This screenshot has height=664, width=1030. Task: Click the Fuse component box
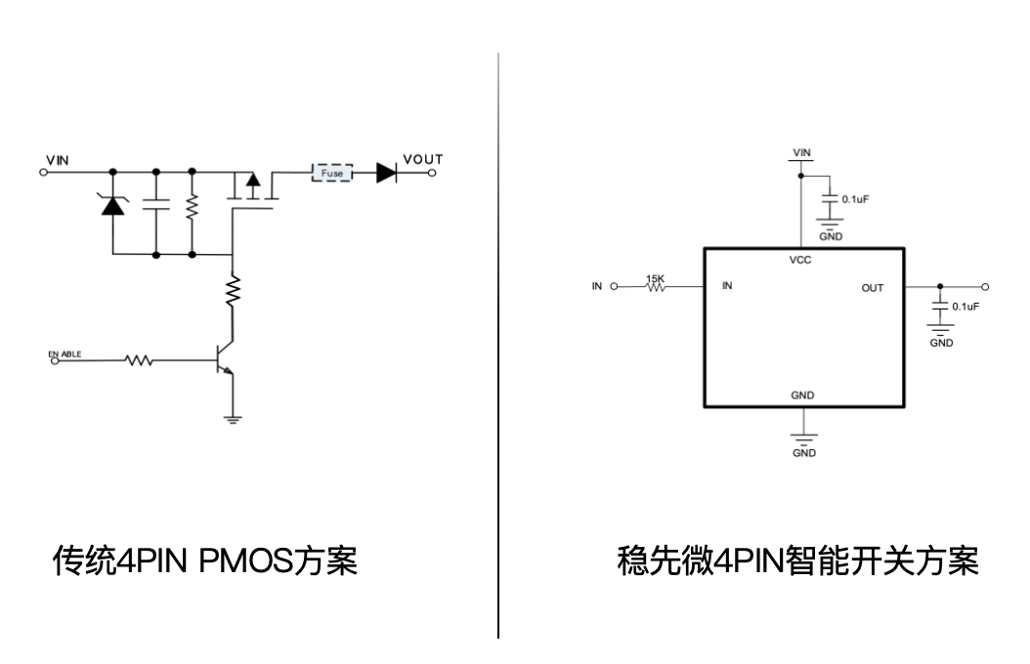pos(331,173)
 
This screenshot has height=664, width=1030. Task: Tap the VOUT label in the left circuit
pos(423,159)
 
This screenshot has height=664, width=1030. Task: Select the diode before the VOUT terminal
pos(387,173)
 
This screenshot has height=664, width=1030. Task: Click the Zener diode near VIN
pos(113,205)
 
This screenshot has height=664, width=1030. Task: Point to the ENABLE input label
pos(65,353)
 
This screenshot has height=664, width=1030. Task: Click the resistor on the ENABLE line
pos(140,360)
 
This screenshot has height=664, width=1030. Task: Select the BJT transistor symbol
pos(224,359)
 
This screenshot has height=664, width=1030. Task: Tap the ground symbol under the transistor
pos(233,419)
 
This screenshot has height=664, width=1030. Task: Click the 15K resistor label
pos(655,279)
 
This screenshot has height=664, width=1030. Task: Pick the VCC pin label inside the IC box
pos(800,260)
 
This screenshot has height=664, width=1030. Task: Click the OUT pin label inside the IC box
pos(873,288)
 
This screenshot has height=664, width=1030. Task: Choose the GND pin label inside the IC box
pos(802,395)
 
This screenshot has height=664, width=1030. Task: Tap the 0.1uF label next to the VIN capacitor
pos(855,199)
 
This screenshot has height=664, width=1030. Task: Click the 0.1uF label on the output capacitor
pos(966,307)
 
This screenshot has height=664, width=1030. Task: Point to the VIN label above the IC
pos(801,152)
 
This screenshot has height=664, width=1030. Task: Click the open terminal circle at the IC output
pos(985,287)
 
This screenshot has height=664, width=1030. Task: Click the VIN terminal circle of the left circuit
pos(44,173)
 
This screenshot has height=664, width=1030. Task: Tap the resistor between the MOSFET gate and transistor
pos(233,291)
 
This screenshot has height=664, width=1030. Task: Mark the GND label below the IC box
pos(804,453)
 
